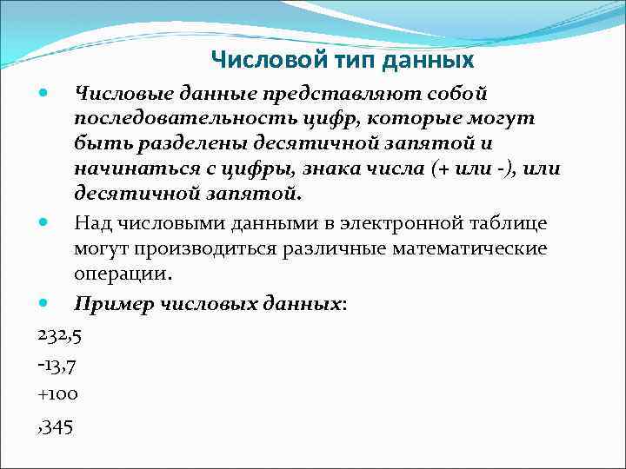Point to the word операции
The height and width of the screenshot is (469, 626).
(123, 274)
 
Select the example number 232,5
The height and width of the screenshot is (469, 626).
(60, 334)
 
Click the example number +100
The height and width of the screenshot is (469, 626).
(58, 393)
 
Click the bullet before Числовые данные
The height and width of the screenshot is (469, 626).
(45, 91)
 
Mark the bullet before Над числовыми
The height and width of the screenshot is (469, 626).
(45, 223)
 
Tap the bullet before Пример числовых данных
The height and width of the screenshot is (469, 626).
(45, 304)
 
